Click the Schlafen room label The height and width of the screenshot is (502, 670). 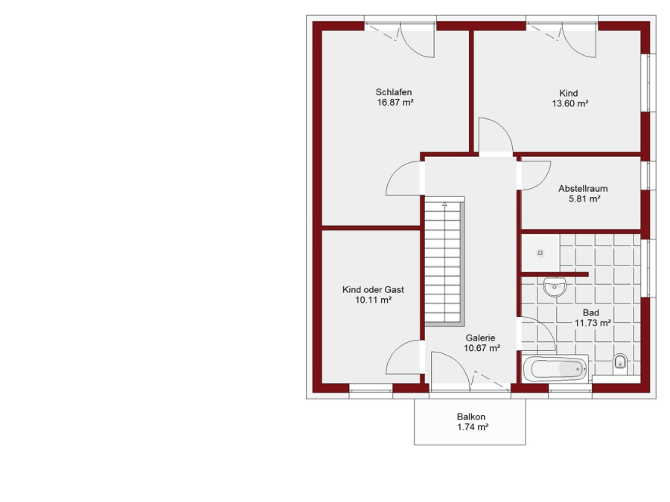click(x=394, y=92)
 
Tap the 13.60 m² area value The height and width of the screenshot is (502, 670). click(x=570, y=103)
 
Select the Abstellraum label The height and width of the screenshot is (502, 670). click(x=583, y=188)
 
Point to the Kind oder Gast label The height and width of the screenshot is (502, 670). click(x=373, y=289)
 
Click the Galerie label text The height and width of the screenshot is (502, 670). click(x=480, y=338)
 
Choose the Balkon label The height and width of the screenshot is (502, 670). click(x=471, y=416)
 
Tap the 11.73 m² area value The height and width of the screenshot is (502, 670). click(x=593, y=323)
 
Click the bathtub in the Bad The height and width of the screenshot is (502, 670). click(x=555, y=369)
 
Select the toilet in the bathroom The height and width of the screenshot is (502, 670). click(x=620, y=361)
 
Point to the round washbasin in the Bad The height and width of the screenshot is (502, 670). click(x=555, y=286)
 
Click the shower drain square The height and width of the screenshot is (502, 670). click(x=540, y=253)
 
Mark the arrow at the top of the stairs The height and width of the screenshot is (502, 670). click(x=445, y=205)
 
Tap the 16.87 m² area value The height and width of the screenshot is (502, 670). click(x=395, y=103)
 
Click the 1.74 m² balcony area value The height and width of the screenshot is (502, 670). click(x=473, y=427)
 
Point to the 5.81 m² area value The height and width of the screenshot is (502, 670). click(x=584, y=199)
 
